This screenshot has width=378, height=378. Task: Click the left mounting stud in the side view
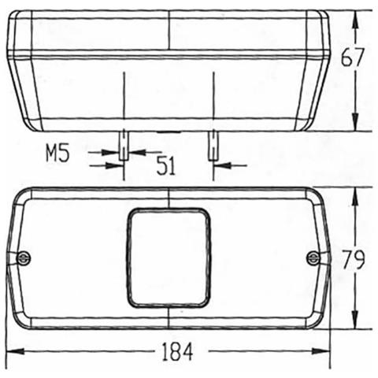coord(124,146)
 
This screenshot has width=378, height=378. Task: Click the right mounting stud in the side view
coord(211,146)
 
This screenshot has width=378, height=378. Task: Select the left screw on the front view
coord(24,258)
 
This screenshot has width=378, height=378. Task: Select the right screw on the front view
coord(313,258)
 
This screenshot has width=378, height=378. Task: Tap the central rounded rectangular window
coord(169,258)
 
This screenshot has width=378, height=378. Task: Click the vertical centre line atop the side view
coord(169,31)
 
